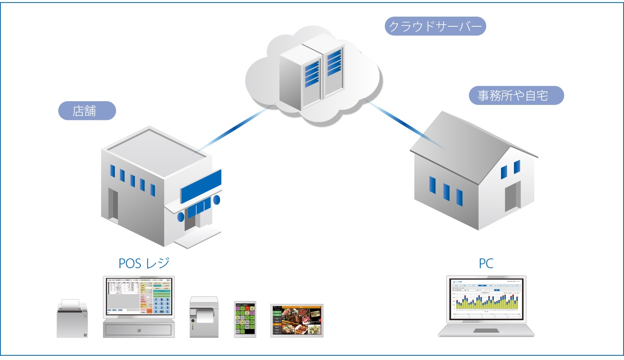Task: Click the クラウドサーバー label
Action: point(435,26)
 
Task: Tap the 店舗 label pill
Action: point(87,111)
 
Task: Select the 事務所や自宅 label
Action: point(516,96)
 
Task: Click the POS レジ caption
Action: point(144,264)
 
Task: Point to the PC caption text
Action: point(486,264)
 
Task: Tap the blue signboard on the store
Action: point(201,186)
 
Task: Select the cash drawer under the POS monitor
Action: point(139,330)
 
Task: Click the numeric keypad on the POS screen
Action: point(162,306)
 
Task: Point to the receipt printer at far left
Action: point(72,319)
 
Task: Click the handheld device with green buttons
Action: point(245,319)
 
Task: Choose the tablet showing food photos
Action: point(297,320)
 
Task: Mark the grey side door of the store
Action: point(113,204)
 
